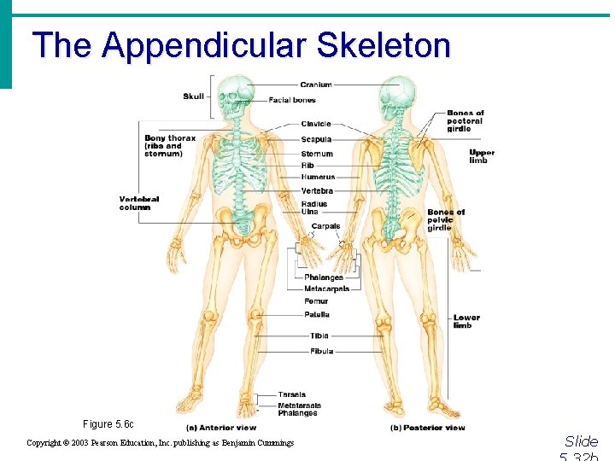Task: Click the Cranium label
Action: tap(316, 85)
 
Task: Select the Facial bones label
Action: tap(292, 100)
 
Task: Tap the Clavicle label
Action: tap(316, 124)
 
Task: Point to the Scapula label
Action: tap(316, 139)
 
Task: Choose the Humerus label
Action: tap(318, 177)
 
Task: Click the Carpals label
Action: tap(325, 226)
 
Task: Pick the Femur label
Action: tap(316, 301)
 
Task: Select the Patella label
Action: tap(316, 315)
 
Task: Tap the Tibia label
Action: tap(319, 336)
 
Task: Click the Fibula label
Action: tap(321, 351)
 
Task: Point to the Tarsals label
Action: tap(291, 395)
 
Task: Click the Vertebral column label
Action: tap(139, 203)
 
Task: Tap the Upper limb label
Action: tap(482, 156)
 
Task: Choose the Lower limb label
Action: tap(466, 321)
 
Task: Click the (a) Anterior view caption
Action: tap(220, 427)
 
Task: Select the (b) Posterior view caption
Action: tap(427, 427)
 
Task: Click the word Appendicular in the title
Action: tap(208, 44)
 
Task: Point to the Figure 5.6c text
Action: tap(108, 424)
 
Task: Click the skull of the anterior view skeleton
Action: tap(231, 96)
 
